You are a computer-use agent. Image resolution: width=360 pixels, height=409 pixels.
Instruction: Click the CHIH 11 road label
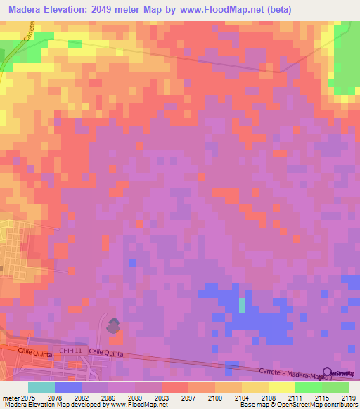click(71, 350)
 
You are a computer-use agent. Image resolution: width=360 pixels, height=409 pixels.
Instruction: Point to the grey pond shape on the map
click(112, 325)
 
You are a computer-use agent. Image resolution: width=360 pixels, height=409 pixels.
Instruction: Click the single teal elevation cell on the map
click(243, 305)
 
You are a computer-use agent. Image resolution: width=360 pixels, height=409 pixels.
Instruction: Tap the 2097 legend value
click(187, 397)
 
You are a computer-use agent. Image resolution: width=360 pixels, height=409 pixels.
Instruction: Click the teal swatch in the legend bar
click(41, 387)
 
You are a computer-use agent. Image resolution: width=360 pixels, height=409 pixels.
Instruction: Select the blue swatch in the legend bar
click(68, 387)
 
